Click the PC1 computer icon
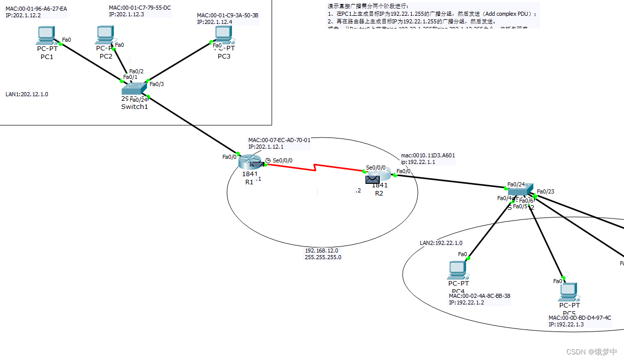click(46, 35)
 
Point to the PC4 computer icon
click(458, 269)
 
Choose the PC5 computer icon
click(568, 291)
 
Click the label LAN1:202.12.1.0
click(27, 94)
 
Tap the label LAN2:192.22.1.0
click(441, 243)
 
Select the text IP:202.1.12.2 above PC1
click(23, 16)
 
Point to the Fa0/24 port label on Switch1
click(138, 100)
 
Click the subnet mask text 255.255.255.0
click(323, 257)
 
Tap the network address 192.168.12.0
click(322, 251)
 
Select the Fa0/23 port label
click(546, 191)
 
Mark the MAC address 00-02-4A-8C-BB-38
click(479, 296)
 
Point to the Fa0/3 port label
click(157, 84)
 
